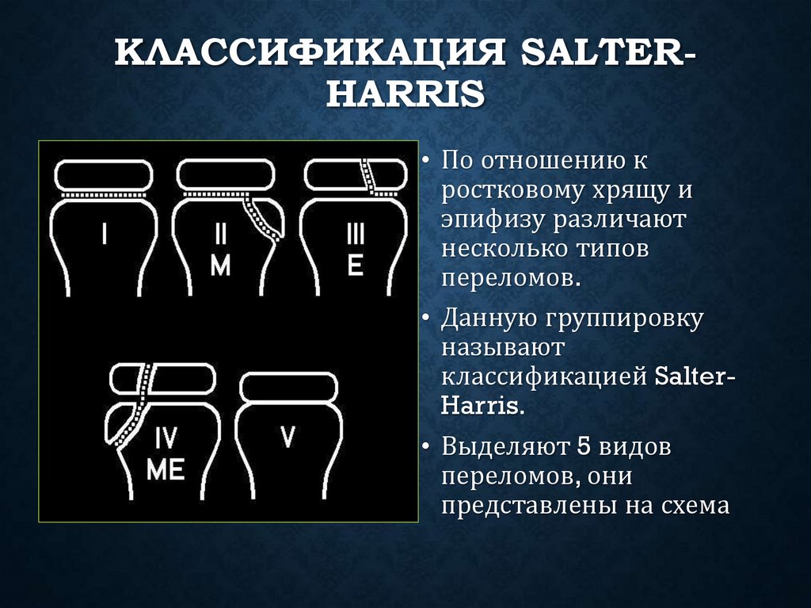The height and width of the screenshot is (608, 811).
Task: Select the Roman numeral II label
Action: tap(221, 234)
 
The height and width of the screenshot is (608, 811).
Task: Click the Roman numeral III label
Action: tap(356, 234)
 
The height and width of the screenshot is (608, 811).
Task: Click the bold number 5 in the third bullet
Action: tap(584, 446)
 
